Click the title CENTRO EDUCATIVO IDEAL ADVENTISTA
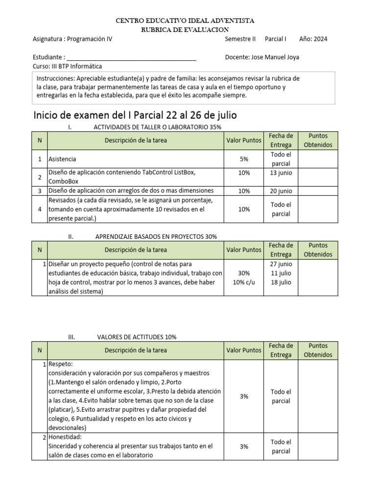pos(184,21)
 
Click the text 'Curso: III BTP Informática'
pos(67,66)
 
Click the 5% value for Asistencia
pos(244,159)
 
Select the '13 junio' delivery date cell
pos(281,173)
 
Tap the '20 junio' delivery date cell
pos(281,191)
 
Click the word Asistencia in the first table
pos(62,159)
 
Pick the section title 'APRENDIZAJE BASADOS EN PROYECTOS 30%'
pos(156,236)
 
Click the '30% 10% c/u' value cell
pos(244,277)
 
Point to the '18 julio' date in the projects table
pos(281,282)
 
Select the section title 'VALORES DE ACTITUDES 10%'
pos(137,337)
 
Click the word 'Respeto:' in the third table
pos(61,365)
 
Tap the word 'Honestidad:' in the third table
pos(65,437)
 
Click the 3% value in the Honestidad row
pos(244,447)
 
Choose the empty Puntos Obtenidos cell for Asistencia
pos(318,159)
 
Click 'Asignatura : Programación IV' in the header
pos(72,39)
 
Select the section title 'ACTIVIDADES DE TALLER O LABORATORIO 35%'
pos(157,127)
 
